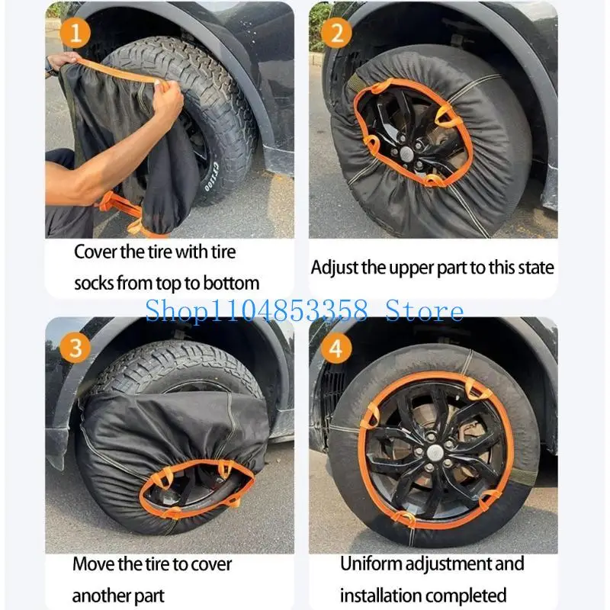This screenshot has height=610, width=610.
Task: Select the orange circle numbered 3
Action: (x=75, y=348)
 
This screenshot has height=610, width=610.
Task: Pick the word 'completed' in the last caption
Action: (x=470, y=595)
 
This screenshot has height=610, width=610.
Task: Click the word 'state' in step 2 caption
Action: (x=533, y=268)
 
